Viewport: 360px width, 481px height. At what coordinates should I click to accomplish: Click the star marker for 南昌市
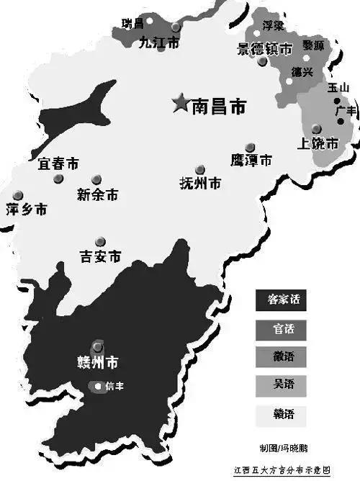(x=179, y=104)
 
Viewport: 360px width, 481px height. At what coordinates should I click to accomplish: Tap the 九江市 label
(x=158, y=42)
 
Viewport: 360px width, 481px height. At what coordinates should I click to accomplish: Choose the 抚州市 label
(x=199, y=183)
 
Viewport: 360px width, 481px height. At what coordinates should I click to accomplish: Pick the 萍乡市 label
(x=26, y=210)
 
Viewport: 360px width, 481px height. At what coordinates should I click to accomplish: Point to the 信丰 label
(x=114, y=387)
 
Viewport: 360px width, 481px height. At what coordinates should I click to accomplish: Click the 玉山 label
(x=337, y=87)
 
